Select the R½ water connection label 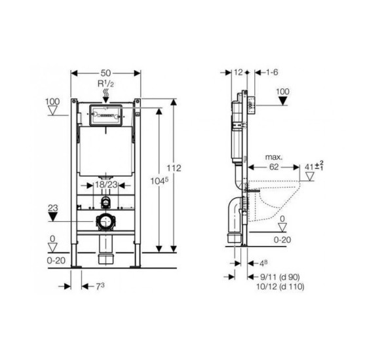[x=106, y=84]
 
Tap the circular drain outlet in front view [x=105, y=222]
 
